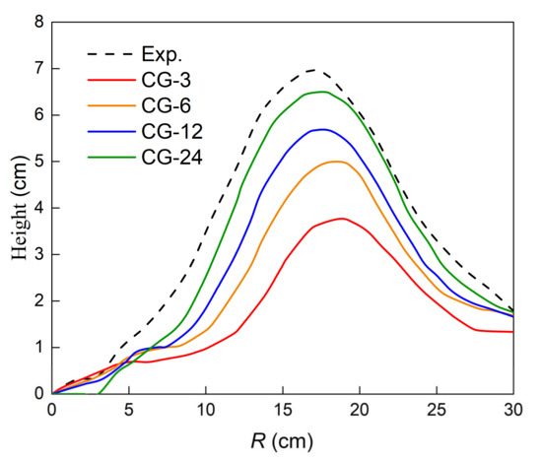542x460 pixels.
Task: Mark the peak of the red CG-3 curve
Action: click(x=341, y=219)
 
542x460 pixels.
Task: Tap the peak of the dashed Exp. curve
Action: click(x=314, y=70)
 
